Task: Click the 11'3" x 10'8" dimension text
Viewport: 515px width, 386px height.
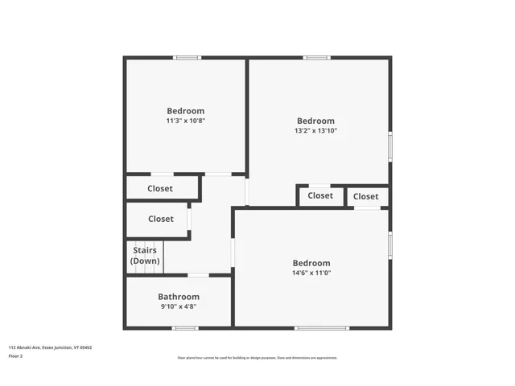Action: point(186,121)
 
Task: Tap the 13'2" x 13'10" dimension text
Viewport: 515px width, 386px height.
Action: point(315,130)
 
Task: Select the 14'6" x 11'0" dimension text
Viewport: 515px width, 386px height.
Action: point(311,273)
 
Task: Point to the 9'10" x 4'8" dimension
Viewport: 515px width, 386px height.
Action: point(179,306)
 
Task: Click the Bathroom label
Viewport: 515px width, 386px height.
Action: point(179,297)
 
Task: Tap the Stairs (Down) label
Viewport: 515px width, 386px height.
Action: point(145,256)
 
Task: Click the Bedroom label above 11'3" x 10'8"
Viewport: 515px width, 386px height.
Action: point(186,111)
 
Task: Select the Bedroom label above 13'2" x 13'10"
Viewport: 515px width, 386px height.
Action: point(315,121)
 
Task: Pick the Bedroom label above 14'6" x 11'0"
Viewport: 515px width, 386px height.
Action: point(311,263)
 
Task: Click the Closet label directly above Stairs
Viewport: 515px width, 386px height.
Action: point(161,219)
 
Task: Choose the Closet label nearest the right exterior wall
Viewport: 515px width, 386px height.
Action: point(365,196)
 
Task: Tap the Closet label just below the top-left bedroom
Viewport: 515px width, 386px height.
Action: point(160,189)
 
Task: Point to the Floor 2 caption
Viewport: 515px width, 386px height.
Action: point(15,355)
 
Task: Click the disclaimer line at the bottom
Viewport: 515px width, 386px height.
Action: point(257,358)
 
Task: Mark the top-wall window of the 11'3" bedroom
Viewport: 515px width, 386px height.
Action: point(187,57)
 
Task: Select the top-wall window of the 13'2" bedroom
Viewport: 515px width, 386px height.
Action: point(316,57)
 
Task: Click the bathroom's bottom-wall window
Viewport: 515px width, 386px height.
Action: point(185,328)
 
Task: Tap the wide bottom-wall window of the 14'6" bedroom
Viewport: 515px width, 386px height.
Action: point(322,328)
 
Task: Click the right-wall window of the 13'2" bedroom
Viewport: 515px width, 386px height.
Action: point(390,146)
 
